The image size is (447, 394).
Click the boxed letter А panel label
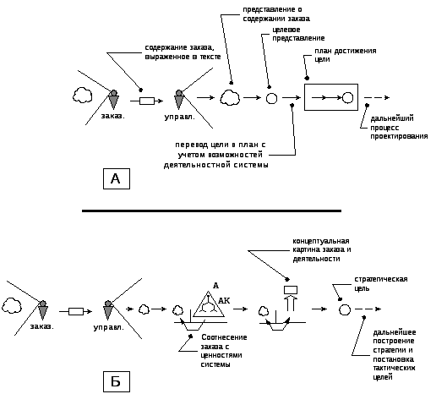pyautogui.click(x=117, y=178)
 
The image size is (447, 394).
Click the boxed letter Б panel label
pyautogui.click(x=117, y=381)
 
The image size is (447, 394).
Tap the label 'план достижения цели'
pyautogui.click(x=346, y=55)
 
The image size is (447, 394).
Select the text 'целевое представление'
pyautogui.click(x=298, y=34)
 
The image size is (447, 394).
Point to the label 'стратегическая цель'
pyautogui.click(x=381, y=283)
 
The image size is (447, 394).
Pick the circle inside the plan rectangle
pyautogui.click(x=347, y=97)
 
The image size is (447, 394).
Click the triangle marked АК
pyautogui.click(x=209, y=304)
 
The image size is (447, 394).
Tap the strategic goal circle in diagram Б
pyautogui.click(x=345, y=309)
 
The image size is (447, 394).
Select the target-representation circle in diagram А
pyautogui.click(x=271, y=98)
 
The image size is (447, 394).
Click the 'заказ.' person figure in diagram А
pyautogui.click(x=113, y=99)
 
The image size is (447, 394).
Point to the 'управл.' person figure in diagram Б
pyautogui.click(x=108, y=310)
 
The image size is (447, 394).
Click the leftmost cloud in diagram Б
pyautogui.click(x=11, y=305)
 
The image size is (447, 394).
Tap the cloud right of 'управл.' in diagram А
pyautogui.click(x=230, y=98)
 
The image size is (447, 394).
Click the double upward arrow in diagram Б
pyautogui.click(x=291, y=304)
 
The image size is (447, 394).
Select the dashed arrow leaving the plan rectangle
pyautogui.click(x=377, y=97)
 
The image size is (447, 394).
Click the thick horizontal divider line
pyautogui.click(x=211, y=211)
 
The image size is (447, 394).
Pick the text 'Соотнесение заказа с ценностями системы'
pyautogui.click(x=224, y=351)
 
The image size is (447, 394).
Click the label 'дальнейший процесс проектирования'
pyautogui.click(x=399, y=127)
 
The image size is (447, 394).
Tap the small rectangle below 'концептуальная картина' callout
pyautogui.click(x=291, y=290)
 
